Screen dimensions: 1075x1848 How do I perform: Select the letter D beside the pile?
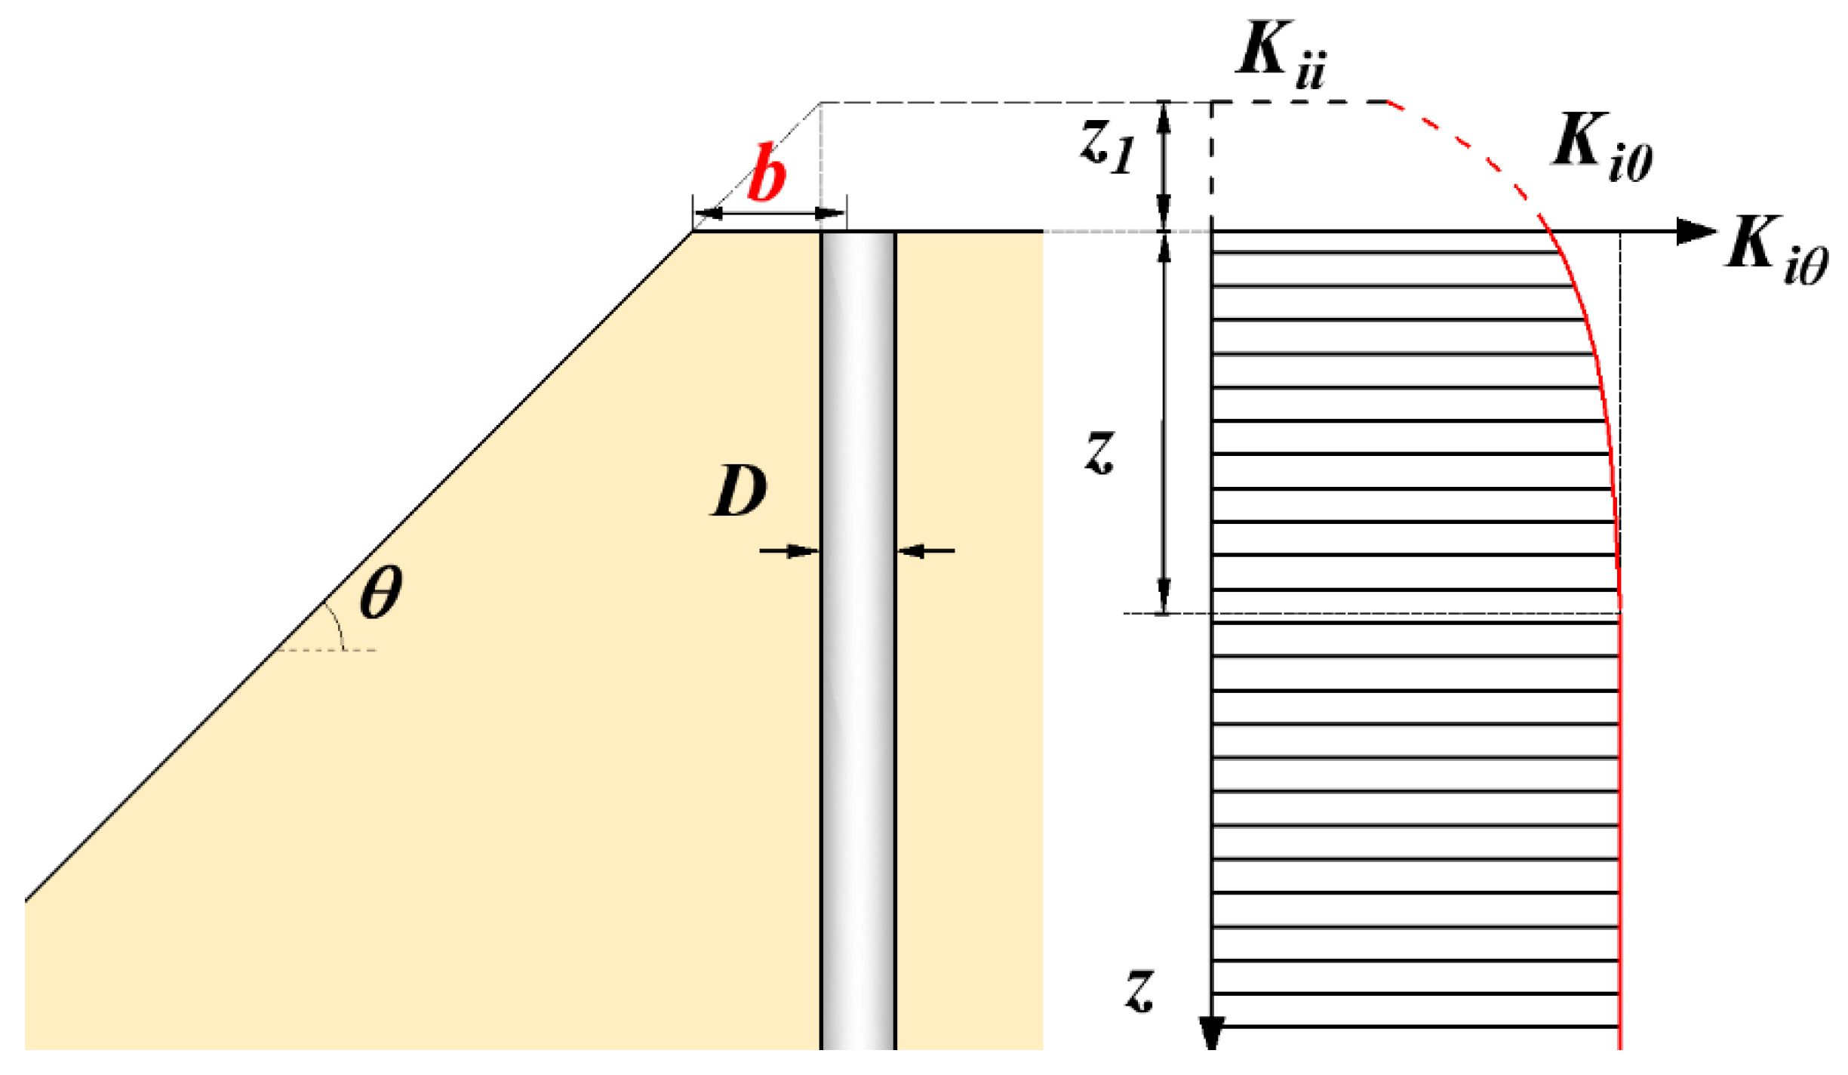point(739,491)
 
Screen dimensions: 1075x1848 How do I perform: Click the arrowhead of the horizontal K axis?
point(1695,231)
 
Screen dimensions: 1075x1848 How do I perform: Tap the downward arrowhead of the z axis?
point(1212,1033)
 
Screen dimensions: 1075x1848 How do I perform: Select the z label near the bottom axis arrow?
point(1139,990)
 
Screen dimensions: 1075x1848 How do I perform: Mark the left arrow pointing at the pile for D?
point(789,551)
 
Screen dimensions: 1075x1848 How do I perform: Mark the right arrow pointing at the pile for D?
point(925,551)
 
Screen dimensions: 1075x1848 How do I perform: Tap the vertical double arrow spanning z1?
point(1164,166)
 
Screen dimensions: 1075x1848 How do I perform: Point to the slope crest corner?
point(693,232)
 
